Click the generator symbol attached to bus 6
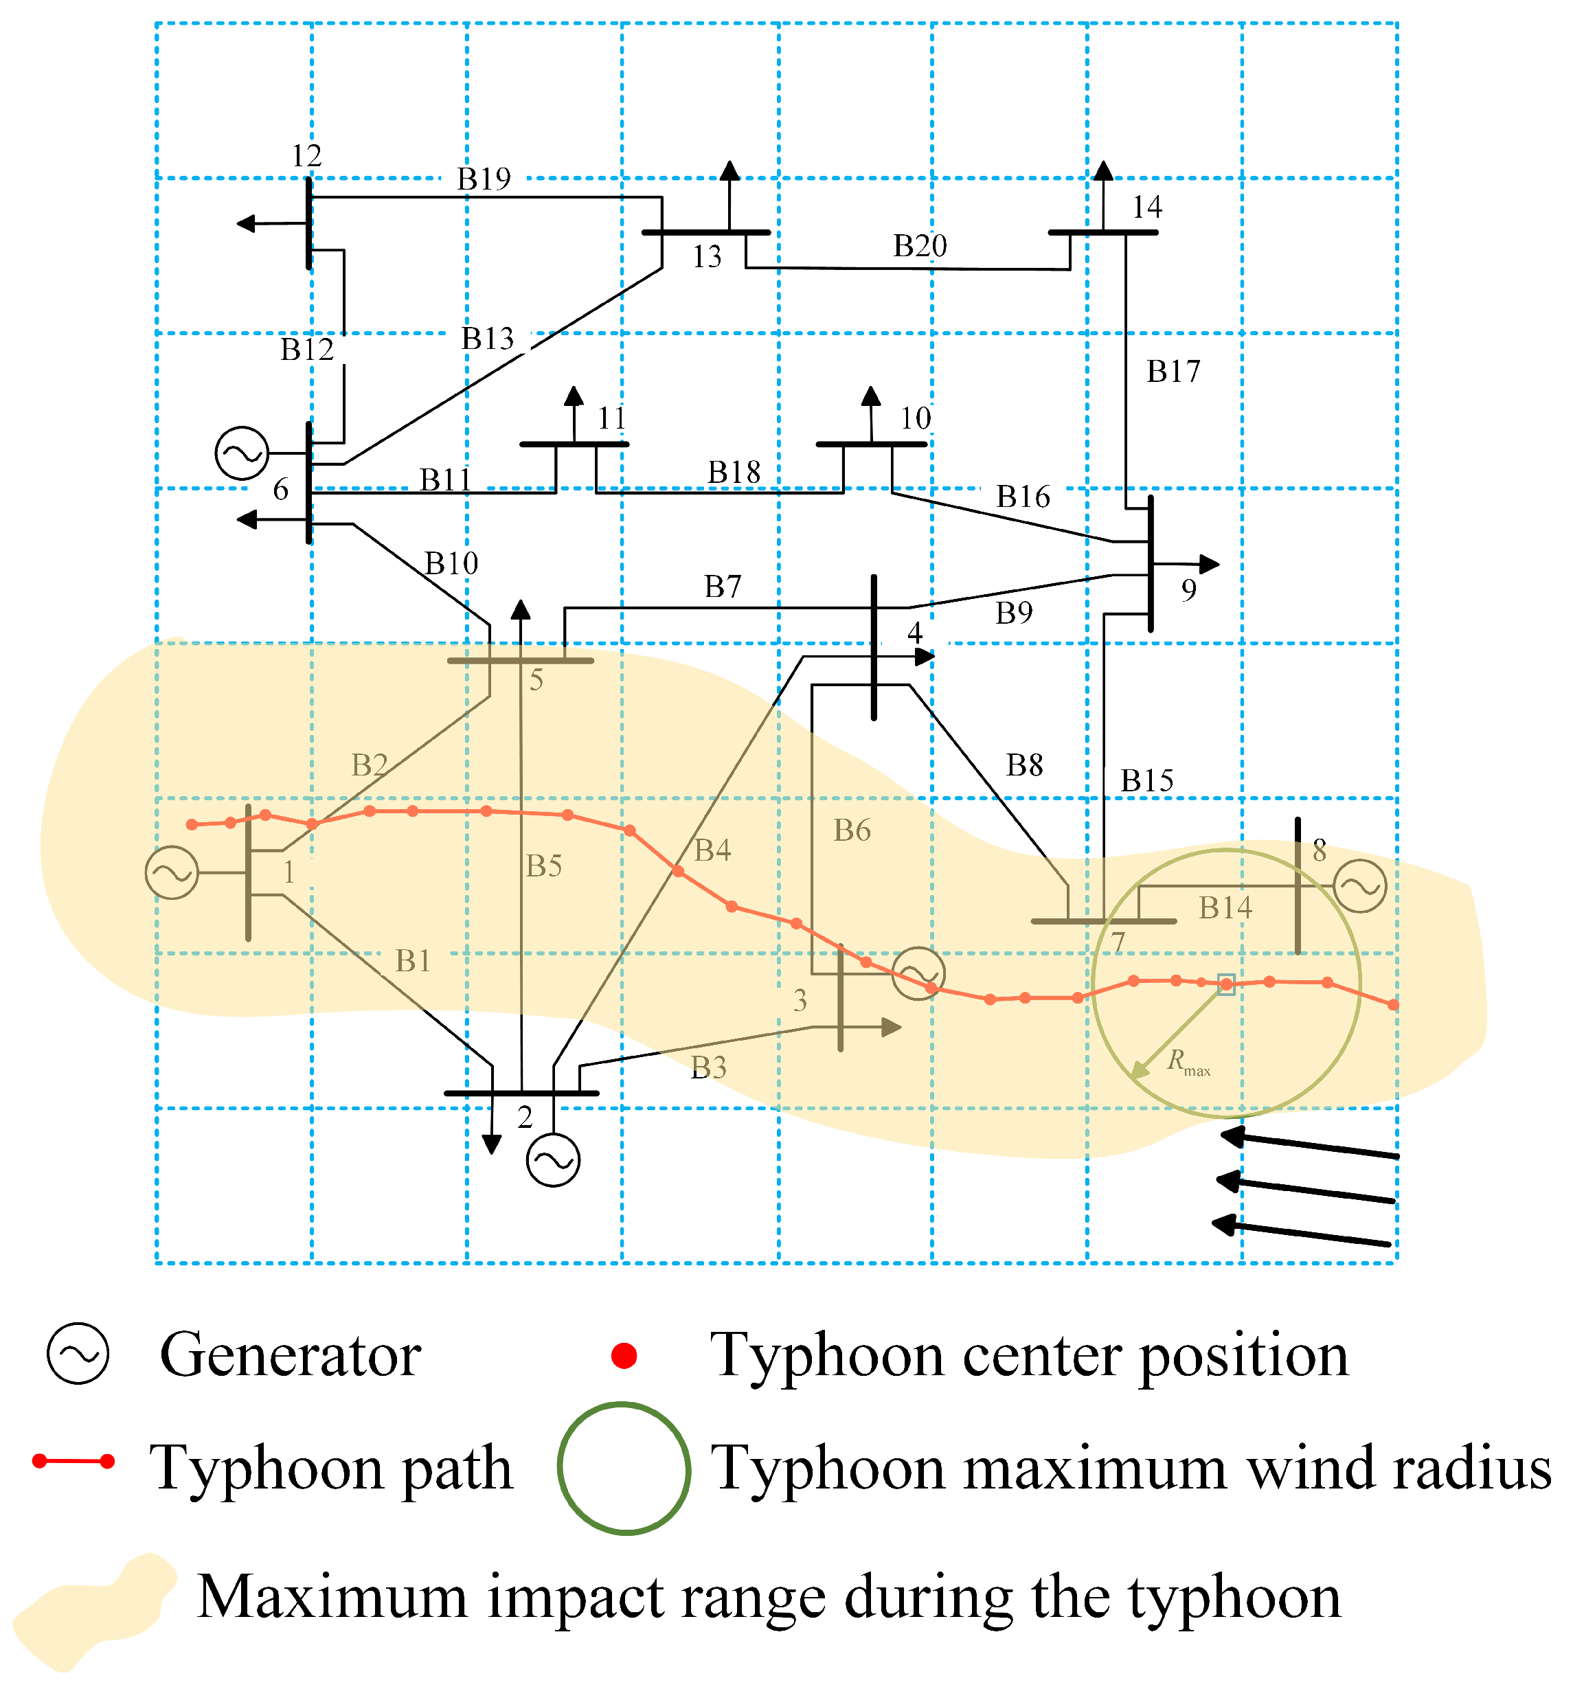pos(242,453)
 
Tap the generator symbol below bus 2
pos(553,1160)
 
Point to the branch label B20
pos(920,246)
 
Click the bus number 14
pos(1146,207)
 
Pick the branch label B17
pos(1173,372)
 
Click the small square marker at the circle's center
pos(1226,984)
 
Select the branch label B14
pos(1225,908)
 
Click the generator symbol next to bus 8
pos(1359,886)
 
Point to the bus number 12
pos(306,156)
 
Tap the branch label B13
pos(488,339)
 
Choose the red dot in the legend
pos(624,1355)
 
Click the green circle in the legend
pos(624,1467)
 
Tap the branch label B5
pos(544,865)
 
